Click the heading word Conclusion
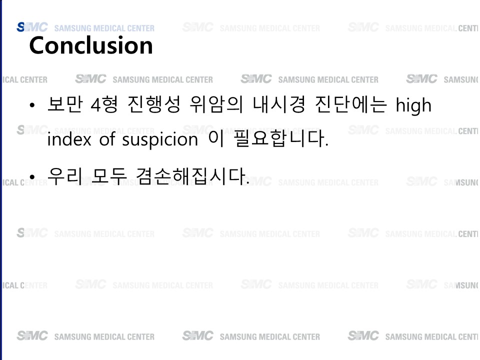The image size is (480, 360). [x=91, y=45]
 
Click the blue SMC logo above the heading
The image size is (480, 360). [x=32, y=27]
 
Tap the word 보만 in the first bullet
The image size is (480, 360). [x=65, y=104]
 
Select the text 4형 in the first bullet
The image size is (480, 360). [x=104, y=104]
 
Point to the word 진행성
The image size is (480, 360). [x=154, y=104]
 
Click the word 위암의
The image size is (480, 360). [x=216, y=104]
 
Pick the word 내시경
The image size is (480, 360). [x=279, y=104]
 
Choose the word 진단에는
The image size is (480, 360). [x=351, y=104]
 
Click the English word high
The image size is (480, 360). [x=413, y=105]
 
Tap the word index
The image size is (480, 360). [x=69, y=139]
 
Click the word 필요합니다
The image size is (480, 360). [x=280, y=138]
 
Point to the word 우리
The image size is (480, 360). [x=65, y=176]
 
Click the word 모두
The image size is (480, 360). [x=109, y=176]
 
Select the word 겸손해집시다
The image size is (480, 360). [x=192, y=176]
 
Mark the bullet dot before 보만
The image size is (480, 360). [x=32, y=105]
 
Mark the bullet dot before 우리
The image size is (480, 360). [x=32, y=177]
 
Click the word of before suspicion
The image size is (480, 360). [x=107, y=139]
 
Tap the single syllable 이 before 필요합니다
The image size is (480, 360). [x=216, y=138]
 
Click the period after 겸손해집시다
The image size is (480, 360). [x=247, y=183]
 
